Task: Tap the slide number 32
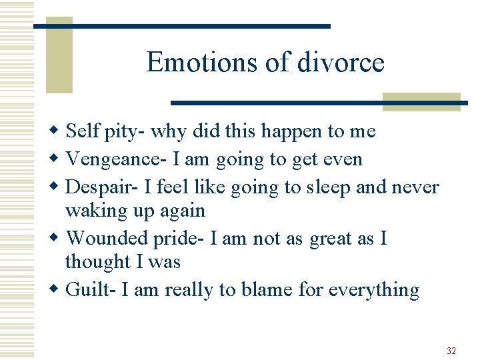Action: [451, 351]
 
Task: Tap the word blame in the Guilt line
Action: [288, 291]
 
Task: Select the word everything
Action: [379, 291]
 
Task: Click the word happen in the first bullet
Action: [291, 132]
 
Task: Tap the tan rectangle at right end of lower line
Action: [421, 101]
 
